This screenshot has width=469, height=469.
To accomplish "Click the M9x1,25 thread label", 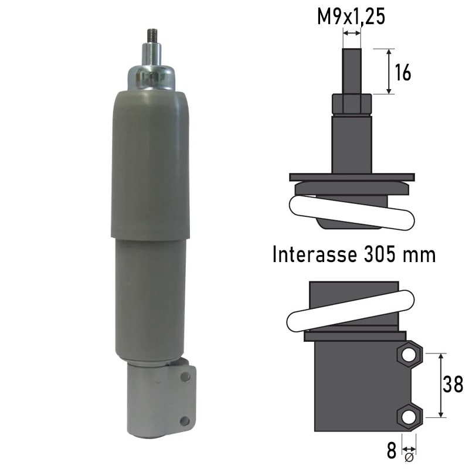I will [x=351, y=17].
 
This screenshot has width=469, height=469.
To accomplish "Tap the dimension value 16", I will [x=403, y=72].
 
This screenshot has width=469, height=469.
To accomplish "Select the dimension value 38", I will [x=454, y=385].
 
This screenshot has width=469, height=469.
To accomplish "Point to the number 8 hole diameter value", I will [x=391, y=452].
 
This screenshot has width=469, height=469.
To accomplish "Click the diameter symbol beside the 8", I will [x=409, y=456].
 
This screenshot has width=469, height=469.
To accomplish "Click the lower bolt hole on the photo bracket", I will [x=185, y=420].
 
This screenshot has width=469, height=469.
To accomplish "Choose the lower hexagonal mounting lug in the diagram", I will [x=409, y=417].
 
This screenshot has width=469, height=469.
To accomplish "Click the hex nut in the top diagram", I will [x=352, y=104].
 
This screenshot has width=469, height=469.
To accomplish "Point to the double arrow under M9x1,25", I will [x=352, y=33].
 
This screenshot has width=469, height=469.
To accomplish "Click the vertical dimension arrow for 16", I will [x=389, y=72].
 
